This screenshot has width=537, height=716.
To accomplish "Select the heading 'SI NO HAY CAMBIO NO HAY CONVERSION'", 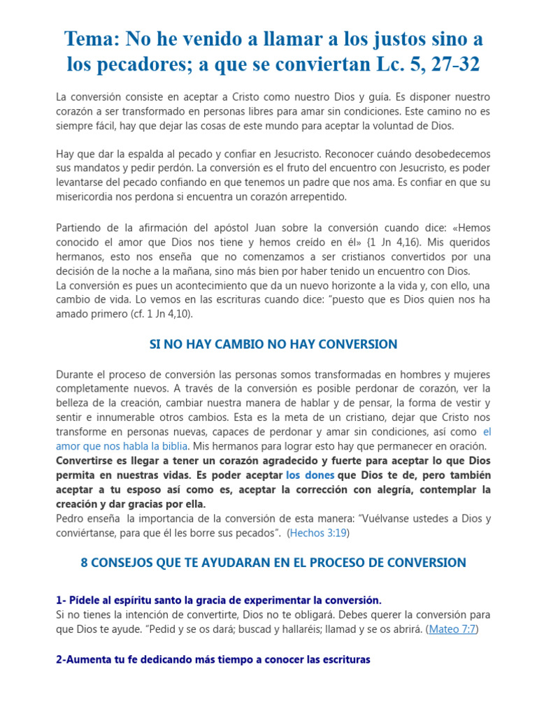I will coord(273,344).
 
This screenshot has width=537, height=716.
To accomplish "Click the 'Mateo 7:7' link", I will coord(452,629).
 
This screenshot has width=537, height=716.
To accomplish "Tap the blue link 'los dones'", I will coord(310,474).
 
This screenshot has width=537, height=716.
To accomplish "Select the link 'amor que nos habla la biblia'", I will coord(122,445).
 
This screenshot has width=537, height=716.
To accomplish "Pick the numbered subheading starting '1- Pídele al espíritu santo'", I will coord(219,600).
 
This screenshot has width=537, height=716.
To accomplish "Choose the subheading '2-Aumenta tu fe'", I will coord(213,659).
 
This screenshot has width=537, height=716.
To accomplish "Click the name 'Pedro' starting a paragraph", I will coord(71,518).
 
